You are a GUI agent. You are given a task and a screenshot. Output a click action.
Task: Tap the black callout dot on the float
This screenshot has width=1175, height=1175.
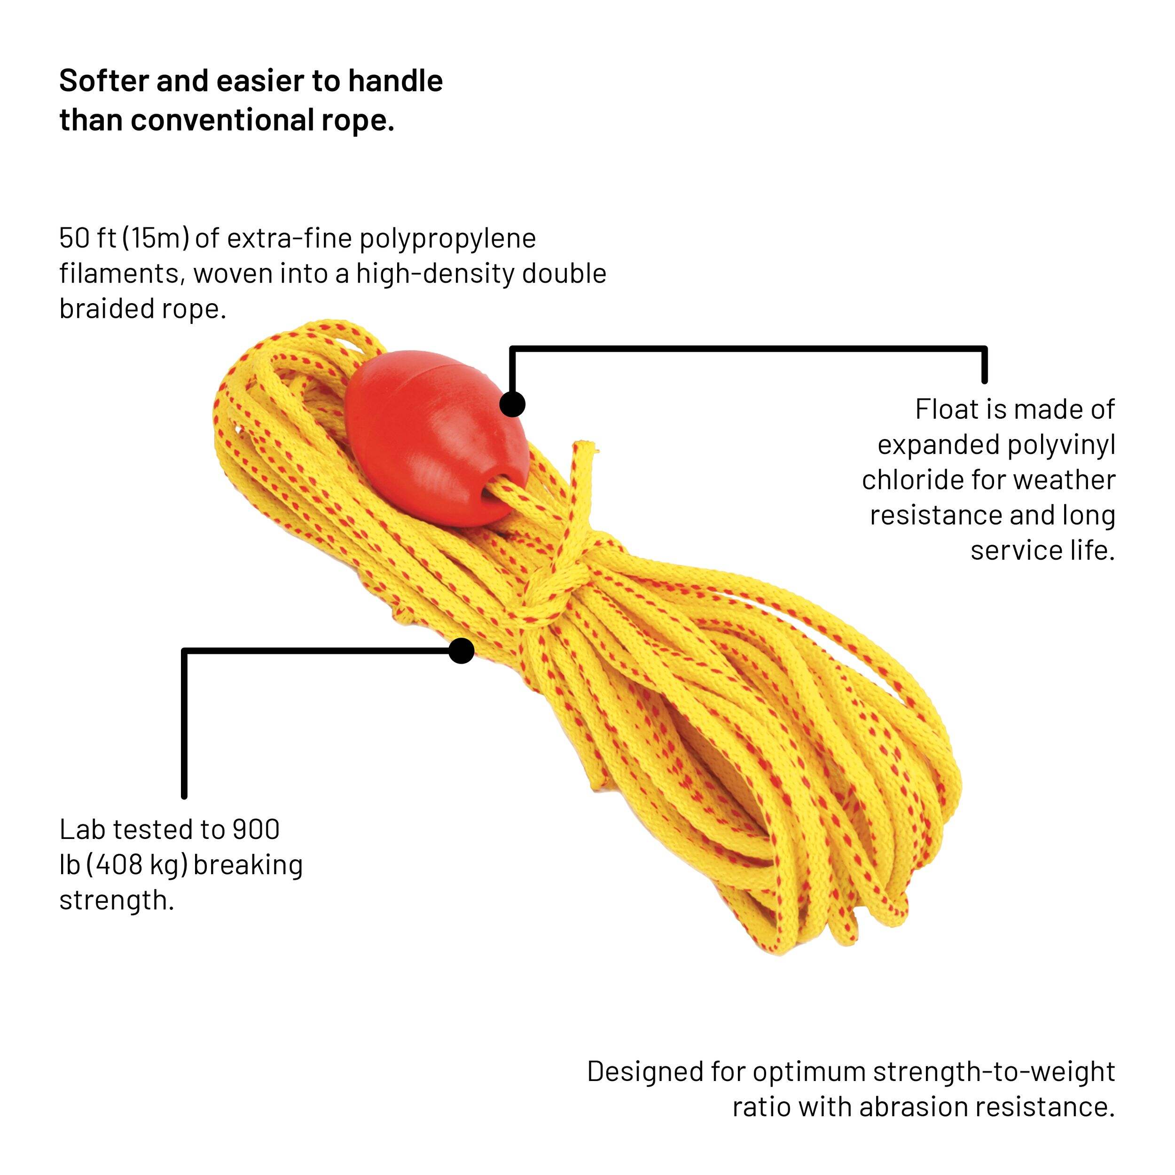[512, 405]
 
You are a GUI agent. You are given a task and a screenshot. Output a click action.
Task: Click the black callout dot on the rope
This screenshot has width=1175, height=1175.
[462, 651]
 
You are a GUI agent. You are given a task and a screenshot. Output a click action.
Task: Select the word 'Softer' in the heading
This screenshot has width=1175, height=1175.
[103, 81]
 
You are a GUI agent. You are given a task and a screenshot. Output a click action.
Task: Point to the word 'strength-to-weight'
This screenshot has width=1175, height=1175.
[994, 1071]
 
